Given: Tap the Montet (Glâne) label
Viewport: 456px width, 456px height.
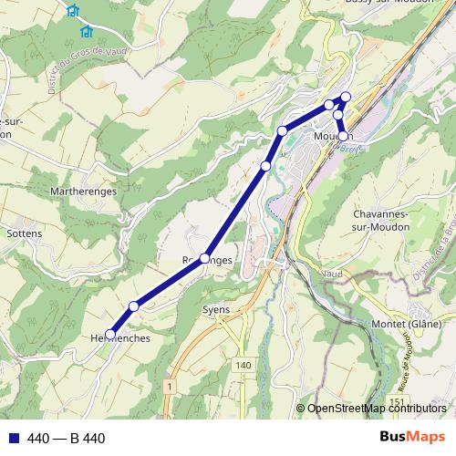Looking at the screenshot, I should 407,324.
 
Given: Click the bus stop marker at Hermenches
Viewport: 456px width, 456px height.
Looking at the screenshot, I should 110,334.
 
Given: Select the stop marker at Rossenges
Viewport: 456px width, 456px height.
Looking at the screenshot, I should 205,258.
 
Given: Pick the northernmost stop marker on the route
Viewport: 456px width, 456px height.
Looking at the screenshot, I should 346,96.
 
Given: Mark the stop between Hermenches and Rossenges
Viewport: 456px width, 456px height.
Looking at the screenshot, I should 134,306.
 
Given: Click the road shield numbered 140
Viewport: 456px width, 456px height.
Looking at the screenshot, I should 242,365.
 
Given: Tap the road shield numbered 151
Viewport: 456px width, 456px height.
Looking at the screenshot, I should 395,402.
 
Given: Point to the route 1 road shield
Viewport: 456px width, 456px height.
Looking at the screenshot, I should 170,387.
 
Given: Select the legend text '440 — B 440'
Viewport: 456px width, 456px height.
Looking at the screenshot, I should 67,439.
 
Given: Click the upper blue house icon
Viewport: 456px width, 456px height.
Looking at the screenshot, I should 73,11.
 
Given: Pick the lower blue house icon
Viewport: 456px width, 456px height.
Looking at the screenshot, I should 87,32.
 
